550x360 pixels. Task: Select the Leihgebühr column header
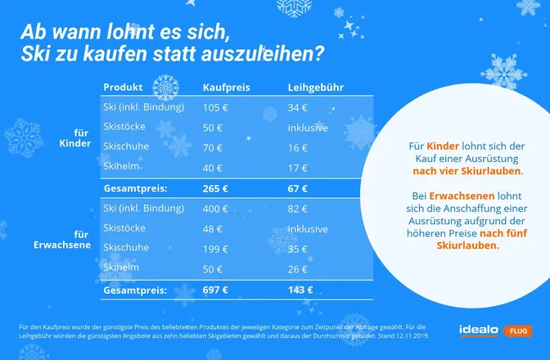pyautogui.click(x=315, y=87)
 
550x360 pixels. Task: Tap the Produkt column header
pyautogui.click(x=123, y=87)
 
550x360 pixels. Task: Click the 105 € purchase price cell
pyautogui.click(x=215, y=107)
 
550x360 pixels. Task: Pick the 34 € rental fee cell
pyautogui.click(x=298, y=107)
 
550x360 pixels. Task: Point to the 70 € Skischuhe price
pyautogui.click(x=213, y=146)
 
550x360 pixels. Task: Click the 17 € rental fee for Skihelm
pyautogui.click(x=298, y=167)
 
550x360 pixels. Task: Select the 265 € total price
pyautogui.click(x=216, y=188)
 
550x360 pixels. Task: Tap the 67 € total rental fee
pyautogui.click(x=298, y=188)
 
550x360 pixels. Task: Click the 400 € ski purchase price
pyautogui.click(x=216, y=208)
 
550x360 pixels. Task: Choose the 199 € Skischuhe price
pyautogui.click(x=216, y=248)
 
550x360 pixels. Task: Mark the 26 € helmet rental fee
pyautogui.click(x=298, y=268)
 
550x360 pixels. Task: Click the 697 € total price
pyautogui.click(x=216, y=290)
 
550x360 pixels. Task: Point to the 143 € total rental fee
pyautogui.click(x=300, y=290)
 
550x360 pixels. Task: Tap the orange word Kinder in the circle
pyautogui.click(x=443, y=145)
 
